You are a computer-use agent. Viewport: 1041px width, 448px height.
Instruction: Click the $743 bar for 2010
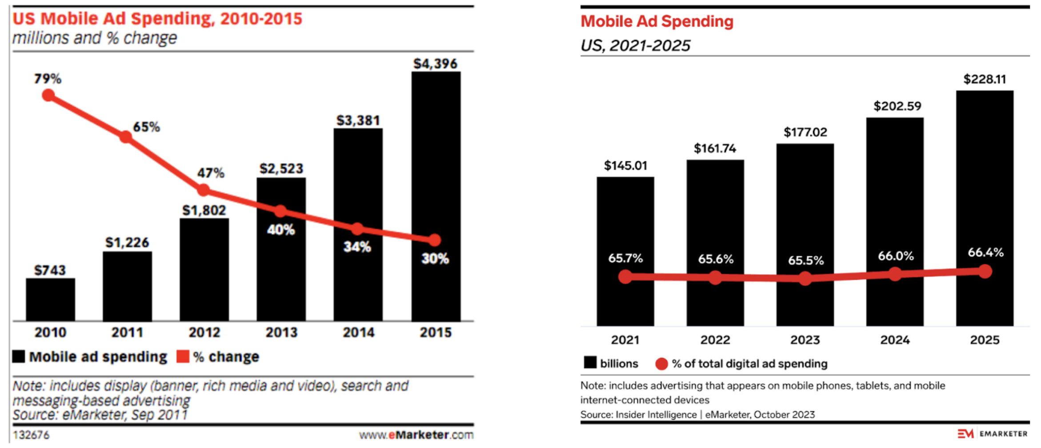(x=50, y=300)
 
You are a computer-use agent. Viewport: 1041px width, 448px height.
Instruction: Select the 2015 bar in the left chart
(x=436, y=196)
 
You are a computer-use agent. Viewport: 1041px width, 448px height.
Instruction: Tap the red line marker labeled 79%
(x=48, y=95)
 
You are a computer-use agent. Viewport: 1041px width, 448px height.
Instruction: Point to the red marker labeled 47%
(x=203, y=190)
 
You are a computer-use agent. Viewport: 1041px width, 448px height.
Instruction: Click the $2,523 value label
(x=281, y=169)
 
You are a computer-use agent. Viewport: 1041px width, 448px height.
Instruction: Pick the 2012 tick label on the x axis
(x=204, y=332)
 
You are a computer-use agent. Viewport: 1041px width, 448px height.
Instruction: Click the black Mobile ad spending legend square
(x=19, y=356)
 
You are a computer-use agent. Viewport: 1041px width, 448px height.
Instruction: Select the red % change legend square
(x=183, y=356)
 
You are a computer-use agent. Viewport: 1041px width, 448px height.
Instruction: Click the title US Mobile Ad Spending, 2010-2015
(x=157, y=19)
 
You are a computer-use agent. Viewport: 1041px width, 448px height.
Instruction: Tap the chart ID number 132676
(x=31, y=435)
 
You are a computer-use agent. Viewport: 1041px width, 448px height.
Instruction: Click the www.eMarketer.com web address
(x=416, y=435)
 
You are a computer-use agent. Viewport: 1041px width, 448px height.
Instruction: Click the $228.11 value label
(x=984, y=80)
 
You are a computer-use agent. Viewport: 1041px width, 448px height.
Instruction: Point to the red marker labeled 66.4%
(x=985, y=271)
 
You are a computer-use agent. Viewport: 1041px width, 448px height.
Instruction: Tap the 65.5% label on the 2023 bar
(x=805, y=260)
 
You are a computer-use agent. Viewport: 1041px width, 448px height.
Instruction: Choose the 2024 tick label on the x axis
(x=895, y=340)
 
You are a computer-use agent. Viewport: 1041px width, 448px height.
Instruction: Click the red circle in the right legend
(x=661, y=364)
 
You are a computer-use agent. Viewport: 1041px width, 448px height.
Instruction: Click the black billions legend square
(x=590, y=363)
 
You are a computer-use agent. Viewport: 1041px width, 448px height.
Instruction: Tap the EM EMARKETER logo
(x=992, y=433)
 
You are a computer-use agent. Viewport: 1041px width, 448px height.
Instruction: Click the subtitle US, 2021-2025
(x=635, y=45)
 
